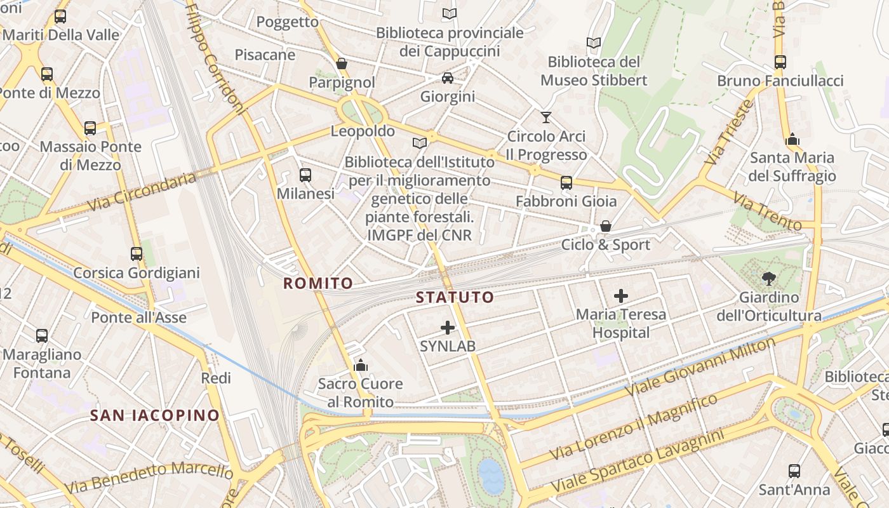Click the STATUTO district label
[x=455, y=297]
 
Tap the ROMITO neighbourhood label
[x=317, y=283]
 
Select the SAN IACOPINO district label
[x=154, y=415]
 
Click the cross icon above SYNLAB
[x=448, y=328]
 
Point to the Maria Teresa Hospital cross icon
[x=621, y=295]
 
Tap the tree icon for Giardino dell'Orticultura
[x=769, y=278]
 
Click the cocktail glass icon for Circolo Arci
[x=545, y=117]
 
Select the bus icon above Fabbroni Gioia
[x=566, y=183]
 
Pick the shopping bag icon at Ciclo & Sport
[x=606, y=226]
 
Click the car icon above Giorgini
[x=448, y=78]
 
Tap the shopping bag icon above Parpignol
[x=342, y=63]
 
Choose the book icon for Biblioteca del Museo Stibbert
[x=594, y=43]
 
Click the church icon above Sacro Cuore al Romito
[x=361, y=365]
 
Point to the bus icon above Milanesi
[x=305, y=175]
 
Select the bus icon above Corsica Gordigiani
[x=137, y=254]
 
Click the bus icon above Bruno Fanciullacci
[x=780, y=62]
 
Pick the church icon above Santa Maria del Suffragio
[x=792, y=139]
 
